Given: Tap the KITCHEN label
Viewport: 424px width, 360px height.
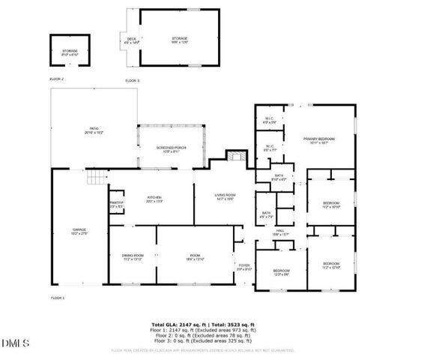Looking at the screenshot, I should point(154,199).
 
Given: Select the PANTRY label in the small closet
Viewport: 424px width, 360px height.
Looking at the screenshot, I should point(115,203).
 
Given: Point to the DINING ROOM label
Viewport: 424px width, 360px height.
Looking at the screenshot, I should point(133,257).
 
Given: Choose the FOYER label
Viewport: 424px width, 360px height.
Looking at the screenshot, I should point(244,266).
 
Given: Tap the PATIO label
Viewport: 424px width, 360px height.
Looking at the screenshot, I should point(94,130).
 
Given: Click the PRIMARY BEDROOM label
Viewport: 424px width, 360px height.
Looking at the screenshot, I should point(318,140).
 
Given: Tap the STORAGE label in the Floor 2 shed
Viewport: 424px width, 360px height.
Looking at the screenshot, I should point(69,52).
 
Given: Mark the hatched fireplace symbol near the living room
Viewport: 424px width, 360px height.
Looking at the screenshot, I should point(236,157).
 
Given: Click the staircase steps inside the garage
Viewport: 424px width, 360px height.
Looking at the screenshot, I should point(95,178).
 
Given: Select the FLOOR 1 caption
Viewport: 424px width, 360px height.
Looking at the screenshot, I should point(58,298).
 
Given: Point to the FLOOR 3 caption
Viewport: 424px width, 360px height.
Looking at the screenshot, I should point(132,79).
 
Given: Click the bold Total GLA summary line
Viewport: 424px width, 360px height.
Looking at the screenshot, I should point(214,325).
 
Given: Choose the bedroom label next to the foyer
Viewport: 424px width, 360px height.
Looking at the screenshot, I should point(281,271).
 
